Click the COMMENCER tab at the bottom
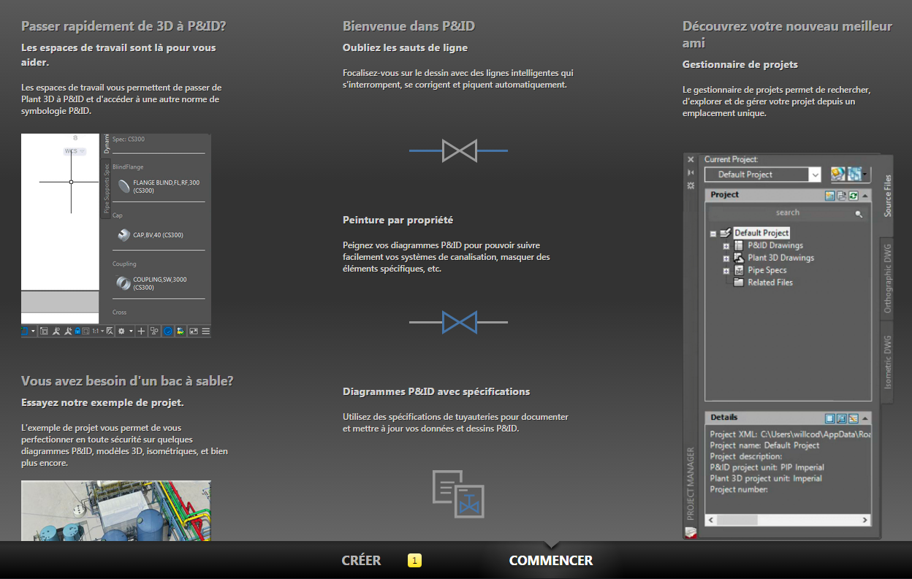tap(550, 560)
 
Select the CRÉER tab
tap(361, 560)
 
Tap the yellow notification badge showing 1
tap(414, 560)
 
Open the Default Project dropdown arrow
tap(815, 175)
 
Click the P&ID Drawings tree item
tap(775, 245)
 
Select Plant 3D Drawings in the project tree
tap(780, 258)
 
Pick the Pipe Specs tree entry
tap(767, 270)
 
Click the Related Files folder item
tap(770, 283)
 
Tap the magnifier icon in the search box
tap(858, 214)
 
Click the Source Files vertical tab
tap(888, 196)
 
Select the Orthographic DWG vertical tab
tap(888, 278)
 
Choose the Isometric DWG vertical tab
tap(888, 362)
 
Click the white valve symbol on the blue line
tap(459, 151)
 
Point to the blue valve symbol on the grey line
tap(459, 323)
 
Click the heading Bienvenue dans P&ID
tap(408, 26)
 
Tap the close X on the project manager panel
tap(691, 159)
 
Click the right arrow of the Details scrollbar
tap(864, 520)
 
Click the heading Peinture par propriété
tap(398, 220)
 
